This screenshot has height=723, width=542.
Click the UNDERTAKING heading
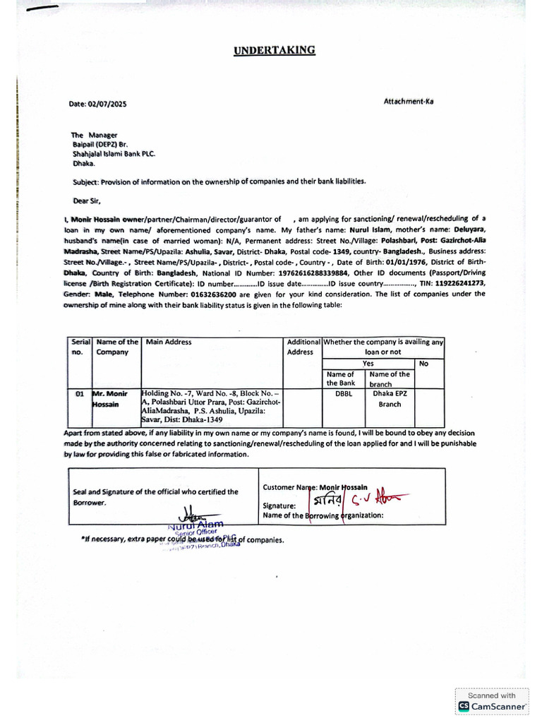tap(275, 50)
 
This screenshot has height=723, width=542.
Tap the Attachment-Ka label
tap(409, 101)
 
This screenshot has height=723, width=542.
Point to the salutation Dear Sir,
tap(88, 200)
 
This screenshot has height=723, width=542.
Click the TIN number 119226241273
tap(458, 283)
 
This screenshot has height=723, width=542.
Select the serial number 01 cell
tap(80, 394)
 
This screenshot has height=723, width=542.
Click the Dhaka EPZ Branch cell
tap(390, 399)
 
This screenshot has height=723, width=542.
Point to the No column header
tap(423, 363)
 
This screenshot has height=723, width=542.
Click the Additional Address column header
tap(303, 347)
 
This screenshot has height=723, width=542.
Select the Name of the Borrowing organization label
tap(323, 515)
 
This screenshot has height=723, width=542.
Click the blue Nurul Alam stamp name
tap(195, 525)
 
